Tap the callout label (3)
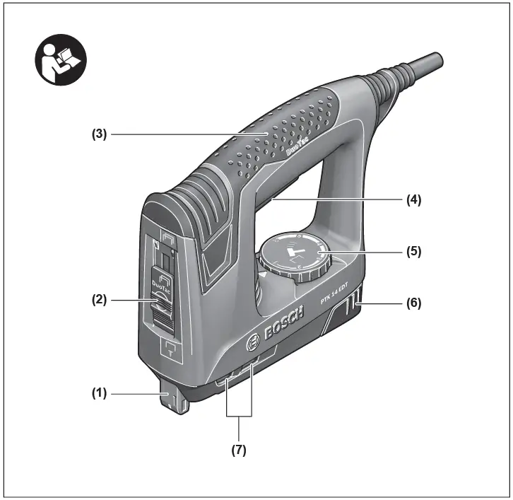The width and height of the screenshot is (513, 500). pyautogui.click(x=98, y=133)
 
